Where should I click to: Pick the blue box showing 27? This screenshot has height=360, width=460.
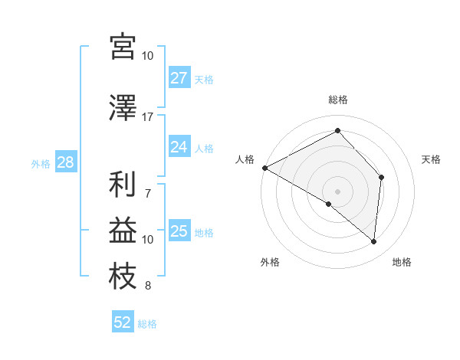(x=179, y=78)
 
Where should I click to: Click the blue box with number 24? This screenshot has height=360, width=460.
(x=179, y=147)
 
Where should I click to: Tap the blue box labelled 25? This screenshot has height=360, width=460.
(x=179, y=231)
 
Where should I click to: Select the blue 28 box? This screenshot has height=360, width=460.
(x=65, y=162)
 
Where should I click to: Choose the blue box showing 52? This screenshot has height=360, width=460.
(x=123, y=322)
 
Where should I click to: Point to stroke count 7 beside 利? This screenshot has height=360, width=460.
(x=148, y=185)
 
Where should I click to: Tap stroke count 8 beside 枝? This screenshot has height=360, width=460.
(x=147, y=286)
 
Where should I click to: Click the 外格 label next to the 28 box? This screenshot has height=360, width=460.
(x=41, y=163)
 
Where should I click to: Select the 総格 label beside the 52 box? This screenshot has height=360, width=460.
(x=147, y=324)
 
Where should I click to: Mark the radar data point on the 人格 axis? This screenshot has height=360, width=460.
(x=264, y=168)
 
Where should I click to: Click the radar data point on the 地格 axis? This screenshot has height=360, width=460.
(x=373, y=242)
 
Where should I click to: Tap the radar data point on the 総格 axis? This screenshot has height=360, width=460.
(x=337, y=131)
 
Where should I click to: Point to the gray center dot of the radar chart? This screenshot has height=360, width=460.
(x=337, y=190)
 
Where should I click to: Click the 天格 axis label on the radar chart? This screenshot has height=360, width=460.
(x=431, y=159)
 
